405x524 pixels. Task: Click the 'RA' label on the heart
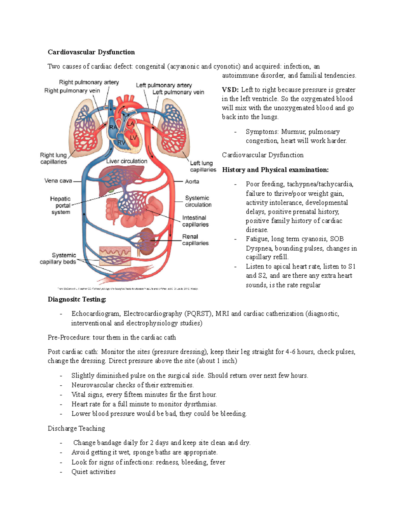click(113, 127)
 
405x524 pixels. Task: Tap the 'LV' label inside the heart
click(133, 138)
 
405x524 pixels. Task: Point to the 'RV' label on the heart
click(121, 143)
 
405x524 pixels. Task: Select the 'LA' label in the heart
click(130, 124)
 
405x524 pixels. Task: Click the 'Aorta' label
click(192, 182)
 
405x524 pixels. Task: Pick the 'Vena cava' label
click(58, 181)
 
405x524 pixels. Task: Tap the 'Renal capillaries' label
click(195, 240)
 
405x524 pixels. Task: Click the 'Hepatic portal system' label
click(61, 205)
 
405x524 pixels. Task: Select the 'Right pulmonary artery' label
click(89, 82)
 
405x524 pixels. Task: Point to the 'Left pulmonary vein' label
click(178, 92)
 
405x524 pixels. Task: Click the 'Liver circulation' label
click(127, 161)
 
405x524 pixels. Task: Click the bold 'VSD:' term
click(230, 90)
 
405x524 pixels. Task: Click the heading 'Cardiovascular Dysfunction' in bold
click(91, 52)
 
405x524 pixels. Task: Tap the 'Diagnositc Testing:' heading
click(77, 300)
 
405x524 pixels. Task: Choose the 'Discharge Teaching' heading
click(76, 429)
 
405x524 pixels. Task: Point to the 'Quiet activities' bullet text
click(93, 472)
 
